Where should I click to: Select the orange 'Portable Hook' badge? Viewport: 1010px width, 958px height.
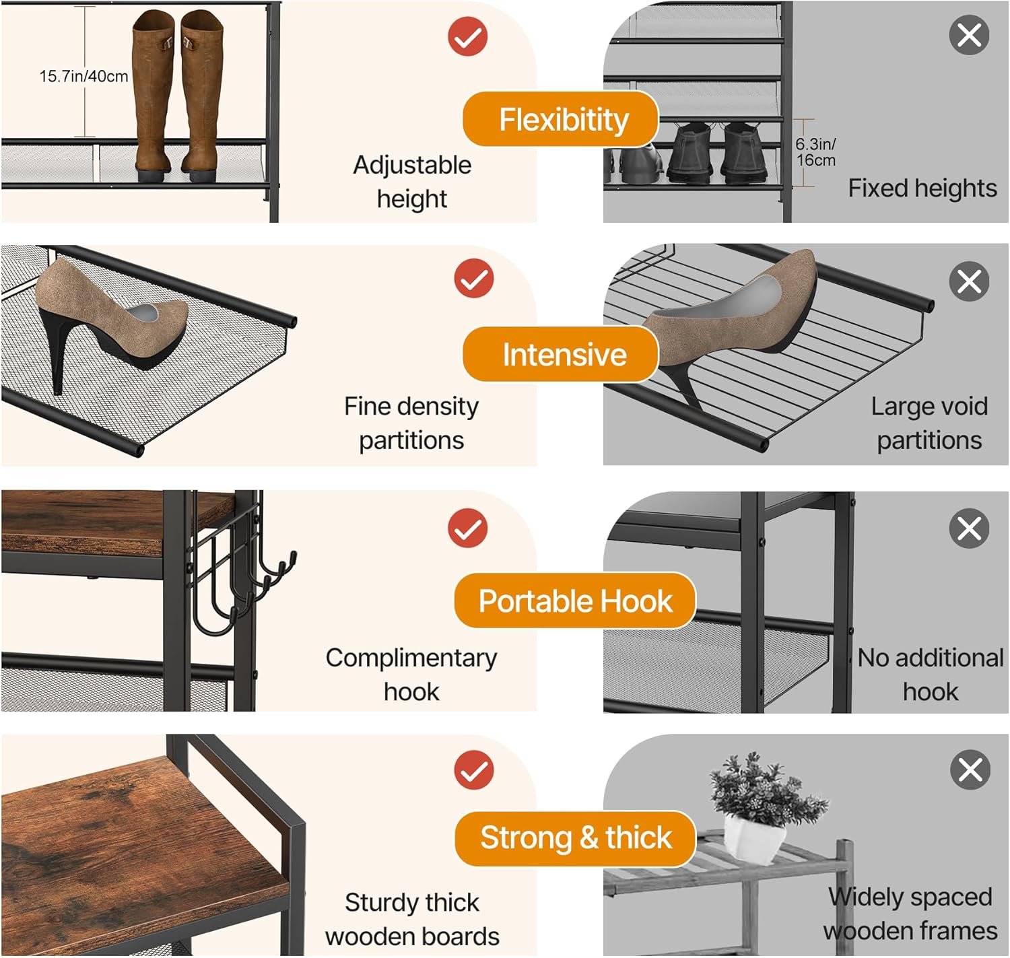point(574,601)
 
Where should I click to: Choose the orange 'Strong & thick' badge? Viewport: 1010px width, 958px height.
point(574,838)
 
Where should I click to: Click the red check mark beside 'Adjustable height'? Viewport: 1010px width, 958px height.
point(467,36)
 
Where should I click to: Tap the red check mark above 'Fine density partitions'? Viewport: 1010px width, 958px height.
point(473,278)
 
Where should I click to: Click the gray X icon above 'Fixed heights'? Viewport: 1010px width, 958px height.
point(969,35)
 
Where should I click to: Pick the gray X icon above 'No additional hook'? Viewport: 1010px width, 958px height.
point(969,528)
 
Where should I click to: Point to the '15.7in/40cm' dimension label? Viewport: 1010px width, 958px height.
point(83,76)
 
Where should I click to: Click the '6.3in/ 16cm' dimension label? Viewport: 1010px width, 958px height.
point(815,152)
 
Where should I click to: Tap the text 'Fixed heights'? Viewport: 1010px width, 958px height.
point(922,189)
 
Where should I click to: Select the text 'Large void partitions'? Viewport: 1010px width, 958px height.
point(929,423)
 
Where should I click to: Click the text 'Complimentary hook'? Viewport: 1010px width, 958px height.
point(411,674)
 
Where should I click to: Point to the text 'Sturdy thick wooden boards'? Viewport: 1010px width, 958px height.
point(412,919)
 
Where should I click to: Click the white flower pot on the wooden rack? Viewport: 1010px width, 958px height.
point(754,838)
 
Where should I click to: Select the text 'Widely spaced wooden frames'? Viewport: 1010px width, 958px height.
point(910,914)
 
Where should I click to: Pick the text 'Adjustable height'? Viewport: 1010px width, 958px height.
point(412,182)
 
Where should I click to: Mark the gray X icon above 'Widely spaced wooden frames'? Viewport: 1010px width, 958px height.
point(970,769)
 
